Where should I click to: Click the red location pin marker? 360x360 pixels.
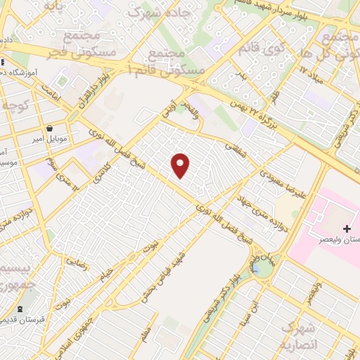click(181, 165)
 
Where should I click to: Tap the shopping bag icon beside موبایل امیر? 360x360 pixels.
click(51, 129)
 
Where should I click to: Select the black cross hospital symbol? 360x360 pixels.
click(347, 229)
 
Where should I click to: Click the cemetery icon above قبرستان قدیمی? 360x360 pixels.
click(20, 309)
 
